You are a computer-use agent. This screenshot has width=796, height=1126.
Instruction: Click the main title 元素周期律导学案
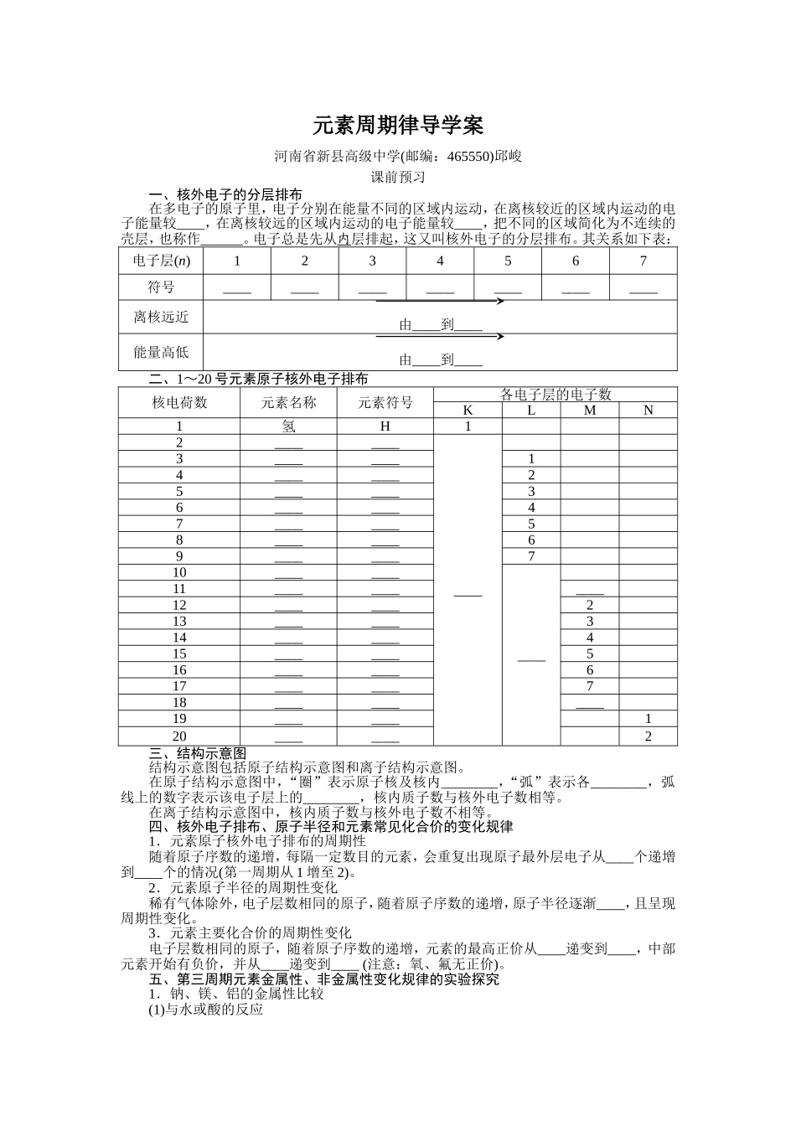398,127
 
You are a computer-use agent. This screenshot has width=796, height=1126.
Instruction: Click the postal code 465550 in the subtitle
469,156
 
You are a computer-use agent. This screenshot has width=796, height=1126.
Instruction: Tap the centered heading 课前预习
398,177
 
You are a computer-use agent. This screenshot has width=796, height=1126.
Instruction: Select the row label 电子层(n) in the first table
162,261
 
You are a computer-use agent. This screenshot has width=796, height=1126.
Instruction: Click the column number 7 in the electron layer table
643,261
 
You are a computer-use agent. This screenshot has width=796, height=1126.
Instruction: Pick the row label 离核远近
162,317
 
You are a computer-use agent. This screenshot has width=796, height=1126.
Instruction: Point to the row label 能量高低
162,352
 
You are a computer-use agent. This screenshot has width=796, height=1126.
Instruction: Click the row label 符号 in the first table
162,287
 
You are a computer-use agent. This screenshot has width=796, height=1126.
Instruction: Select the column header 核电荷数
179,402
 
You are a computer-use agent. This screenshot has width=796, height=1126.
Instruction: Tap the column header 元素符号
385,402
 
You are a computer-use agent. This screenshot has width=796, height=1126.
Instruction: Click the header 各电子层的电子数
556,394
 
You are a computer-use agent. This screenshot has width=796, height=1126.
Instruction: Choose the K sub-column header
468,410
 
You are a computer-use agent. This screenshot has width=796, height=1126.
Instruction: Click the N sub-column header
648,410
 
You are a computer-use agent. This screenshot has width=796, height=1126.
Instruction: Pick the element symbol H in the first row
385,426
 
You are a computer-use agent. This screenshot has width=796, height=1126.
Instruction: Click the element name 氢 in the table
288,426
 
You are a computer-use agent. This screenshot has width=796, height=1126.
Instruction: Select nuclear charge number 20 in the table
179,736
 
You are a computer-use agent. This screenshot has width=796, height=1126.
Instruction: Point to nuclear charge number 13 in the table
179,621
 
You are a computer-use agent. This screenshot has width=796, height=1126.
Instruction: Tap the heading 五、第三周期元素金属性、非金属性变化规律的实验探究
323,979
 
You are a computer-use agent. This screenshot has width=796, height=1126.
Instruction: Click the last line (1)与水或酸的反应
206,1010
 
